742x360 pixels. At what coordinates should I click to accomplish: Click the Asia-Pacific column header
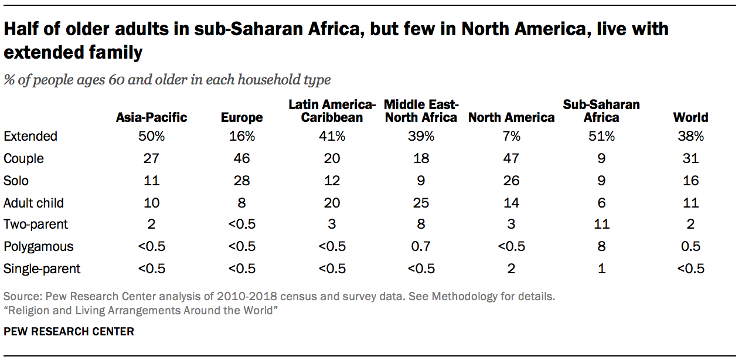point(151,117)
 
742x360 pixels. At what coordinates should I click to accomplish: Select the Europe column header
point(241,117)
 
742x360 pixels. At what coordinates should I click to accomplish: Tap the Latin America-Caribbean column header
point(331,111)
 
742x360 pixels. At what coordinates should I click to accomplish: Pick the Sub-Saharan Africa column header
point(601,111)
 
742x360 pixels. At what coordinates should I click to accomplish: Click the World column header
point(690,117)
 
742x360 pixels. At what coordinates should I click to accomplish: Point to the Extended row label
point(30,136)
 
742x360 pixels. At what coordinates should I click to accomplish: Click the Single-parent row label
point(42,269)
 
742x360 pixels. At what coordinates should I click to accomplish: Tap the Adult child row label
point(33,203)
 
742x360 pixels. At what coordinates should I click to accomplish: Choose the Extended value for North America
point(511,136)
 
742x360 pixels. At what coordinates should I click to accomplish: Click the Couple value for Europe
point(241,158)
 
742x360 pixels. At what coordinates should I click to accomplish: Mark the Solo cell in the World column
point(690,181)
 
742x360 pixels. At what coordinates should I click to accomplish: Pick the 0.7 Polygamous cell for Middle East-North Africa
point(421,247)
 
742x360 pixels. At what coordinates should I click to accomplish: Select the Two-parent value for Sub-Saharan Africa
point(601,225)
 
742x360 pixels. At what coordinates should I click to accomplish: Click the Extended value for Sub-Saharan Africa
point(601,136)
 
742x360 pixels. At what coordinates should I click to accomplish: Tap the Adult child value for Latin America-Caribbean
point(331,203)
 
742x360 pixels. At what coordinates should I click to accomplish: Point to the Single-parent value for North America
point(511,269)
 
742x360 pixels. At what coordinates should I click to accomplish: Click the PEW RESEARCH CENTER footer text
point(69,332)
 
